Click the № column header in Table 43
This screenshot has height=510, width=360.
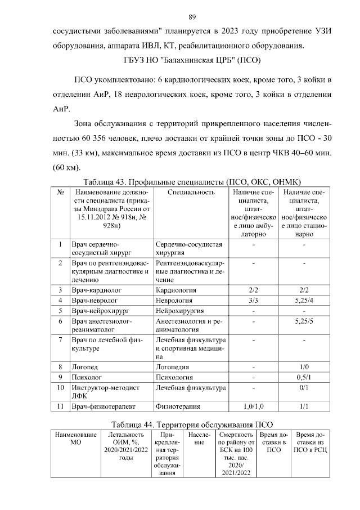point(60,193)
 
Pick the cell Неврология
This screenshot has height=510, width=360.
point(175,301)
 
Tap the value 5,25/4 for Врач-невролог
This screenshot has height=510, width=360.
point(304,301)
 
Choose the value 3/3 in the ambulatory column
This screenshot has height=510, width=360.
point(253,301)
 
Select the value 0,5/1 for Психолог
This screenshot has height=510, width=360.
point(304,378)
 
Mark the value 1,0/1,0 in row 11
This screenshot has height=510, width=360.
point(253,406)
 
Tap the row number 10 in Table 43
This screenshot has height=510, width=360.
point(60,388)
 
